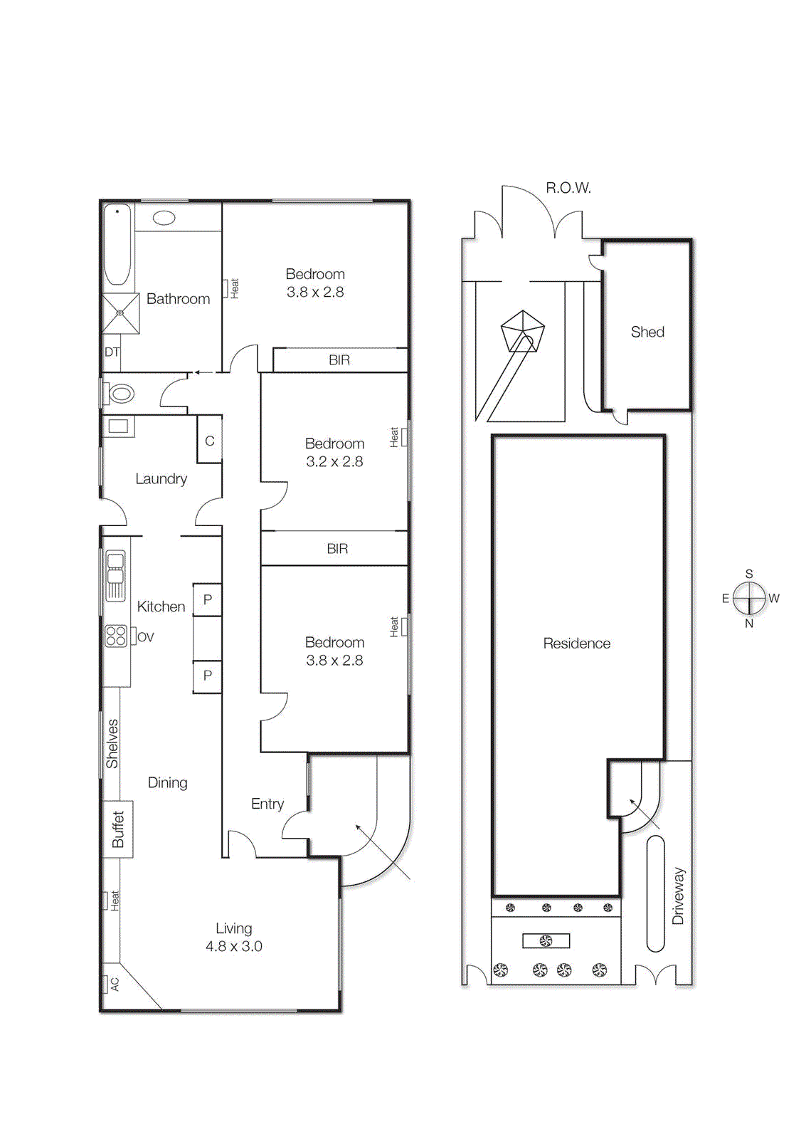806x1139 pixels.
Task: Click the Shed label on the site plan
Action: click(x=647, y=332)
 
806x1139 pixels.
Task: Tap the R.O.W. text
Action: click(x=568, y=188)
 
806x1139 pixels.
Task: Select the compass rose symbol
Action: click(x=749, y=598)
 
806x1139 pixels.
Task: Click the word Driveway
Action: click(x=678, y=896)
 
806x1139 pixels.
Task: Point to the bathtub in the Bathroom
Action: click(x=117, y=244)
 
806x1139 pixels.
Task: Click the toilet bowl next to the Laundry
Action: click(x=122, y=394)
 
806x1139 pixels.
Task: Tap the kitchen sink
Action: click(x=115, y=575)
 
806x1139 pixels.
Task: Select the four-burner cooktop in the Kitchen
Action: click(x=116, y=636)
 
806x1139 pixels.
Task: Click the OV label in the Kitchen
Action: click(x=146, y=637)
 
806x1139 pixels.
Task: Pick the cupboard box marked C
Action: click(x=209, y=441)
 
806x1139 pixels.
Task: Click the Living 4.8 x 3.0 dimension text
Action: click(x=233, y=946)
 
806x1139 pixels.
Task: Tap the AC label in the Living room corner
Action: click(x=113, y=984)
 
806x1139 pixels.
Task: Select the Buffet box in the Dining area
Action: click(x=118, y=829)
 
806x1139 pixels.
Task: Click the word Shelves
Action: click(x=112, y=744)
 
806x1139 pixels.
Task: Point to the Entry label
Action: click(x=267, y=804)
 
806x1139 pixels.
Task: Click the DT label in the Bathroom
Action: click(x=112, y=352)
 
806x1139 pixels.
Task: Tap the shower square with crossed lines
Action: click(x=120, y=313)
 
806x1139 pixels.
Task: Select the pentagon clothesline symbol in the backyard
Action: click(x=522, y=332)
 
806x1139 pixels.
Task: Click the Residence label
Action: click(x=576, y=644)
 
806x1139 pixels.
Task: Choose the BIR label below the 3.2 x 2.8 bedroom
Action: click(x=337, y=549)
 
